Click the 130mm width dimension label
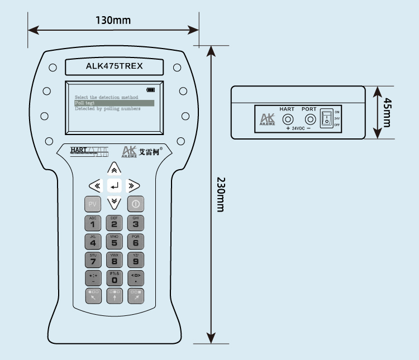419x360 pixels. pos(113,21)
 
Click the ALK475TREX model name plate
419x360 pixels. pos(114,66)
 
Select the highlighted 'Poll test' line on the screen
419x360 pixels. pos(114,103)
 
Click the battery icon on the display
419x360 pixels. pos(151,90)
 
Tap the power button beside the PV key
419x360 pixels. pos(135,204)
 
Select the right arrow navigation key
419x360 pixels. pos(134,185)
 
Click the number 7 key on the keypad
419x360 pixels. pos(93,260)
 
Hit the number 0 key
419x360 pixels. pos(114,277)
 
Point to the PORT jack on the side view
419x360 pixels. pos(308,118)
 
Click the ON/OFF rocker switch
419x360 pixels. pos(326,118)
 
